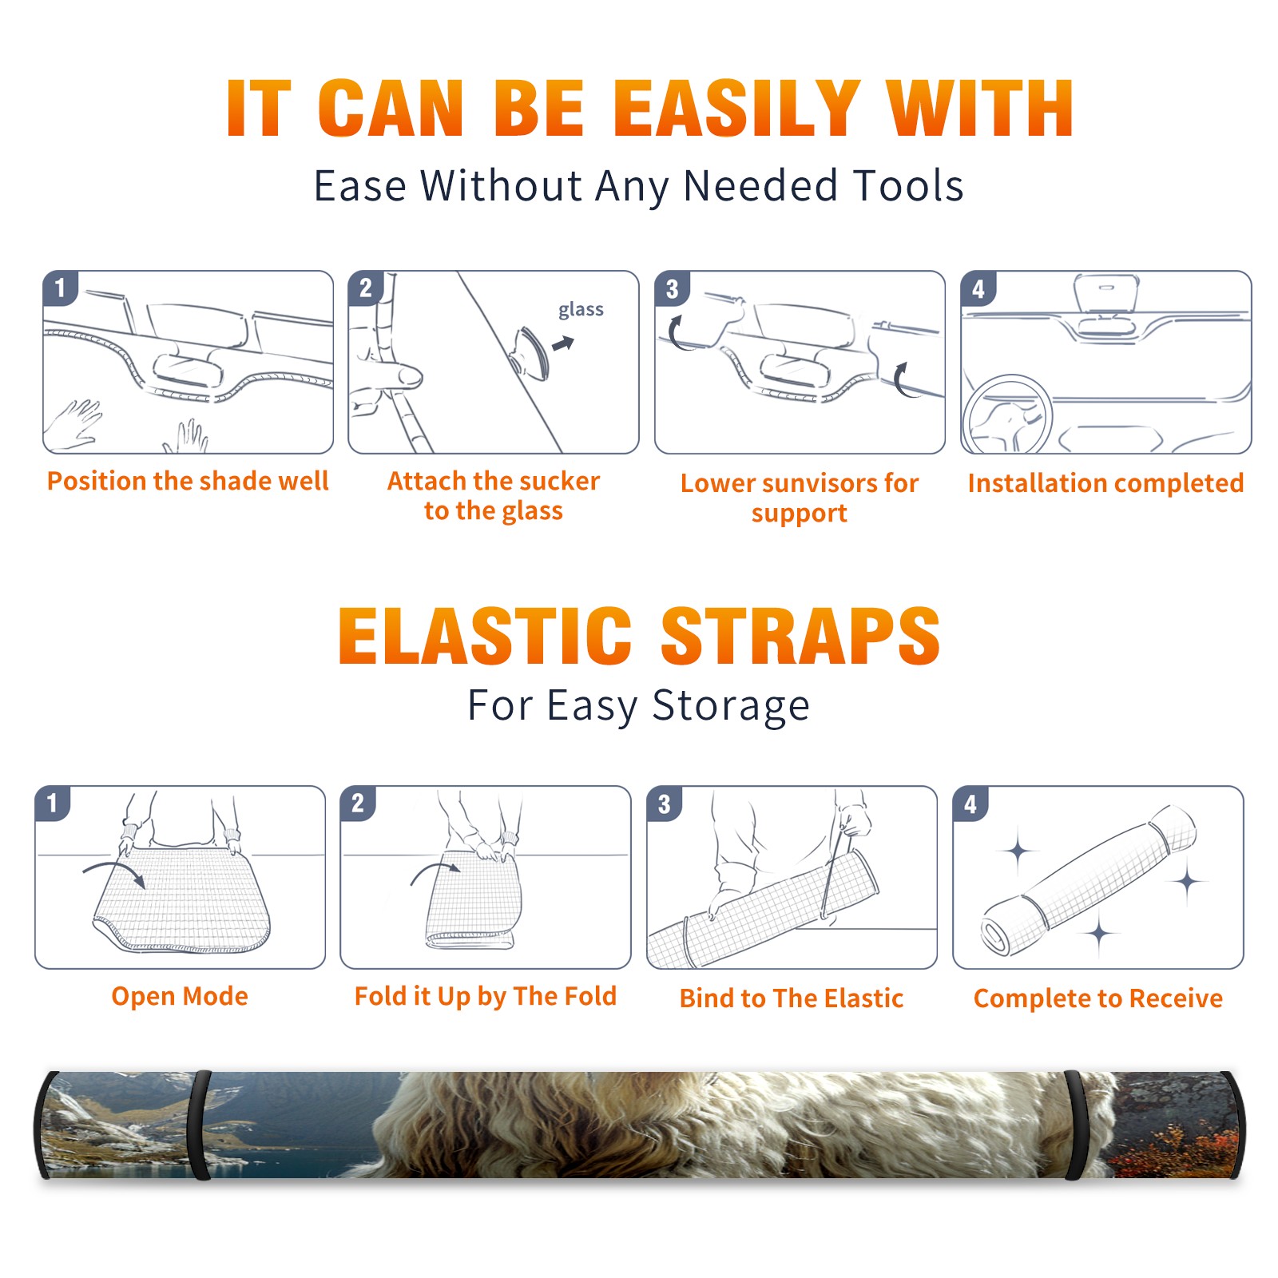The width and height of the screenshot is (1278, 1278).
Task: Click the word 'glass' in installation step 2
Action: point(581,310)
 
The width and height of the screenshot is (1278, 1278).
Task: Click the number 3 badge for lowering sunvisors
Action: point(673,288)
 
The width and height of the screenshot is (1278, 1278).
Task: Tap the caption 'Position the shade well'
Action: point(188,481)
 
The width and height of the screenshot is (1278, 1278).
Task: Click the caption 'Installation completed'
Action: point(1105,482)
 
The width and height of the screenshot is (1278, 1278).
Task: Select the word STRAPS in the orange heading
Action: point(800,636)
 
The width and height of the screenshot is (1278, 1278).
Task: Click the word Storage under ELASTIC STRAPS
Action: point(731,707)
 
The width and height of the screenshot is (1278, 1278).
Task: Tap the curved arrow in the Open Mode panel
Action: point(115,871)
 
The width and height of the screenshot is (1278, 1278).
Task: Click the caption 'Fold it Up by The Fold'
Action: point(486,996)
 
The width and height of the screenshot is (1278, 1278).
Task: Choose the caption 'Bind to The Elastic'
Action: point(792,998)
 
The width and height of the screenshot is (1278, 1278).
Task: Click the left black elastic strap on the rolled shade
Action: point(201,1125)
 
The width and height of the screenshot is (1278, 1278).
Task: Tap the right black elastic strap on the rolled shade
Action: point(1076,1125)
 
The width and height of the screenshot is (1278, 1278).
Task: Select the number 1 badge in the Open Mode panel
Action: point(53,804)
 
